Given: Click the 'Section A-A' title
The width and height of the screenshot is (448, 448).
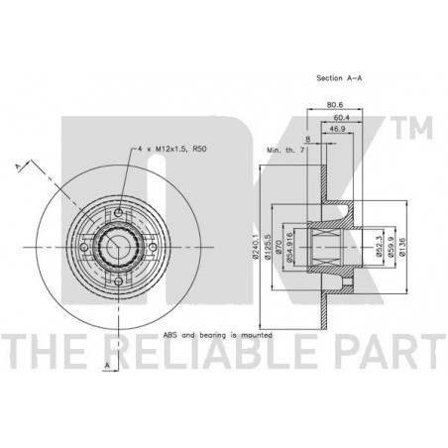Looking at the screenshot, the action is (339, 78).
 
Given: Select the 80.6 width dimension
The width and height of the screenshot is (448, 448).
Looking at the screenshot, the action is (335, 105).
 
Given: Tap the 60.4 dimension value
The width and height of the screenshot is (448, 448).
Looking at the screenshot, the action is (342, 118).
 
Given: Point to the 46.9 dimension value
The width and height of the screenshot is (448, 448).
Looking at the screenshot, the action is (337, 129).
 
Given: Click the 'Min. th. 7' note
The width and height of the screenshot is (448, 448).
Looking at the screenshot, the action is (285, 150).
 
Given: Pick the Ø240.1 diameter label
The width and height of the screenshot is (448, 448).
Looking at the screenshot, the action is (255, 247).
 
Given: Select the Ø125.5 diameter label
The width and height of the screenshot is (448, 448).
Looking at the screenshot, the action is (268, 247).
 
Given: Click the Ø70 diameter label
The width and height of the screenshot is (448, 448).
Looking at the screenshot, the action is (279, 247).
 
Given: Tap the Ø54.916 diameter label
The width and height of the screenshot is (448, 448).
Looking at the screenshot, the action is (289, 247).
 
